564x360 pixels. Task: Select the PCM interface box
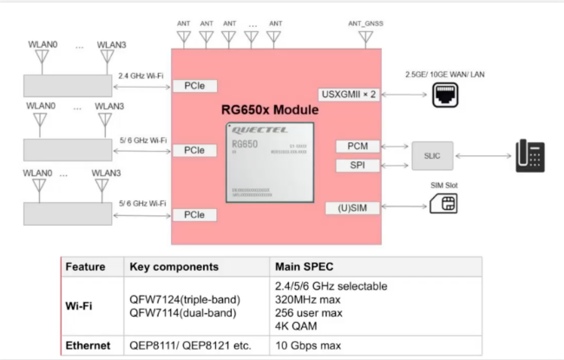[x=357, y=147]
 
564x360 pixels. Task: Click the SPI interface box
[x=357, y=165]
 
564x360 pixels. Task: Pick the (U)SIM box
[x=351, y=207]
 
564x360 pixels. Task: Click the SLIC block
[x=431, y=156]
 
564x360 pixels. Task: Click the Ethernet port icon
[x=444, y=95]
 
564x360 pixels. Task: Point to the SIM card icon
[x=448, y=204]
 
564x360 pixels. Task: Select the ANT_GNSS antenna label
[x=365, y=23]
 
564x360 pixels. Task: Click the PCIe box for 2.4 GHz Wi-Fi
[x=194, y=86]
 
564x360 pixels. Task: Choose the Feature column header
[x=85, y=267]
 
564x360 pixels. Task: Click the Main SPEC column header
[x=305, y=267]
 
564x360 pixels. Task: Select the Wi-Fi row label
[x=79, y=304]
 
